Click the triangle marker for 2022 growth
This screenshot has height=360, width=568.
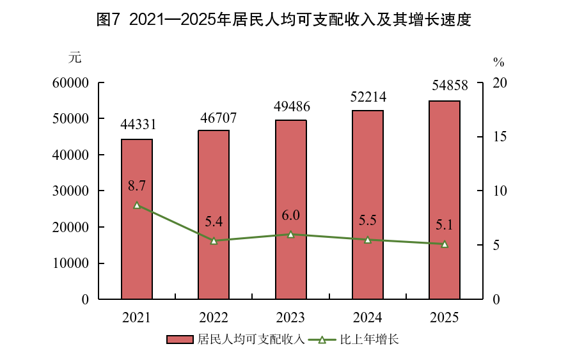214,241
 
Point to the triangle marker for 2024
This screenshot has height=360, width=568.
368,240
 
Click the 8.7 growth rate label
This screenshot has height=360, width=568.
137,186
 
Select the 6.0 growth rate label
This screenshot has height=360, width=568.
290,215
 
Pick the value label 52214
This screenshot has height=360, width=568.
368,97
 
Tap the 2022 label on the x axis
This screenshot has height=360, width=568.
214,318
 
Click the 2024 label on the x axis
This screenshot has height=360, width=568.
368,318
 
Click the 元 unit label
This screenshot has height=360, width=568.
75,57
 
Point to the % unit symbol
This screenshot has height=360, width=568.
499,62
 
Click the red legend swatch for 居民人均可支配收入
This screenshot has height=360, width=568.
180,340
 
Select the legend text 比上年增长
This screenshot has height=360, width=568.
369,340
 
